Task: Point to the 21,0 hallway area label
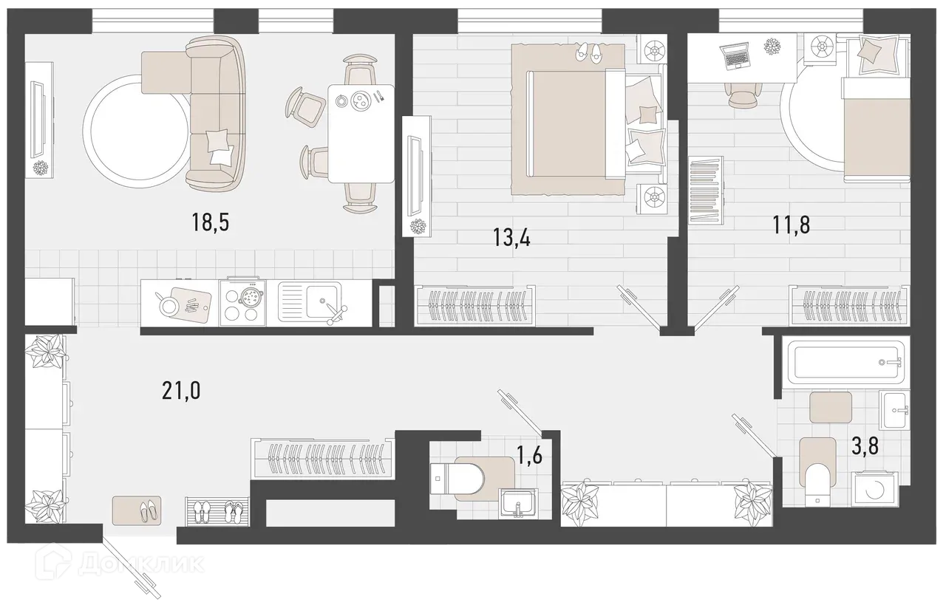pos(181,389)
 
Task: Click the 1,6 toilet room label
pos(528,455)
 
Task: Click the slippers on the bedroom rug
pos(590,51)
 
